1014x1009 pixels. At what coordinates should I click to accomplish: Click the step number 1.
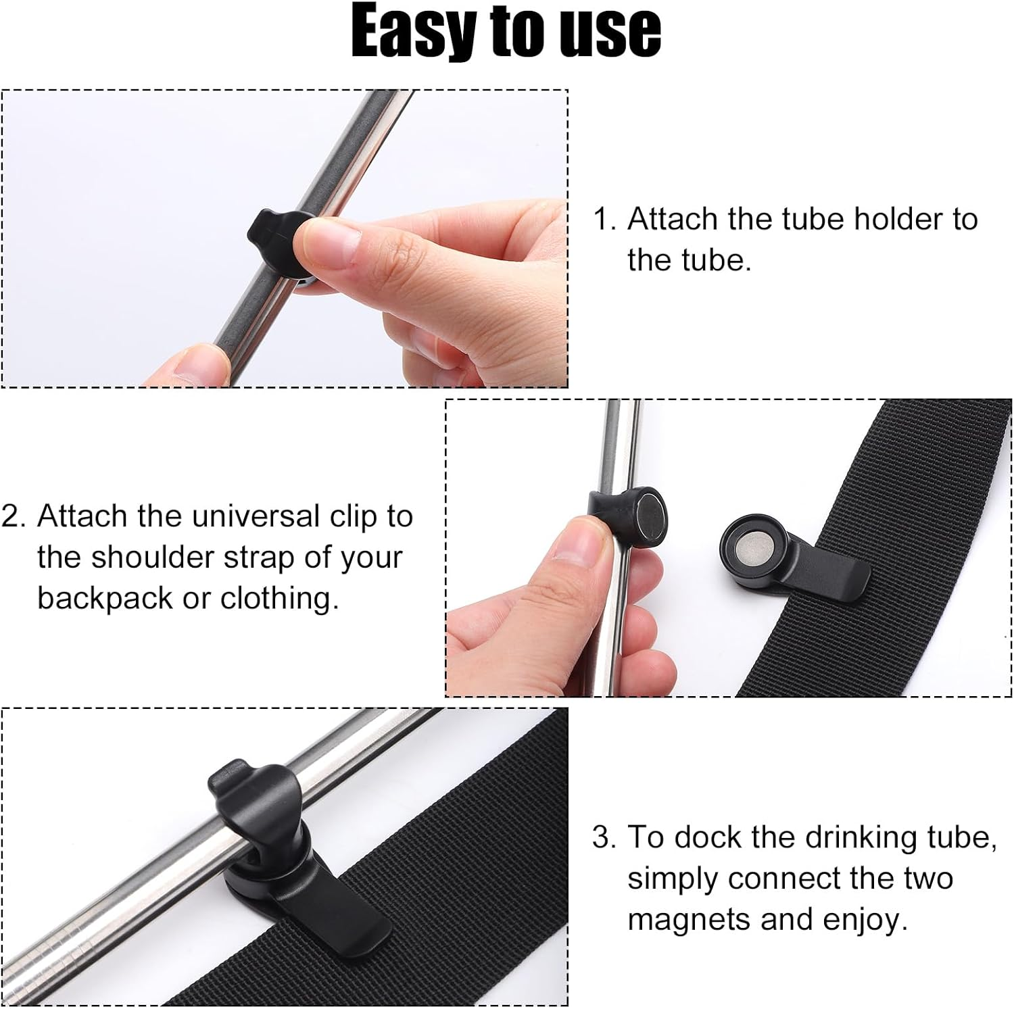click(x=602, y=220)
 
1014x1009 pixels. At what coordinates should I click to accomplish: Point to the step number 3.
click(x=602, y=837)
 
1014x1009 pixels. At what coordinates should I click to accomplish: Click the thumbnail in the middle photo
click(x=575, y=544)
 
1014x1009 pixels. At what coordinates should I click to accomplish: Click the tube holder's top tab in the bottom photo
click(x=226, y=777)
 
